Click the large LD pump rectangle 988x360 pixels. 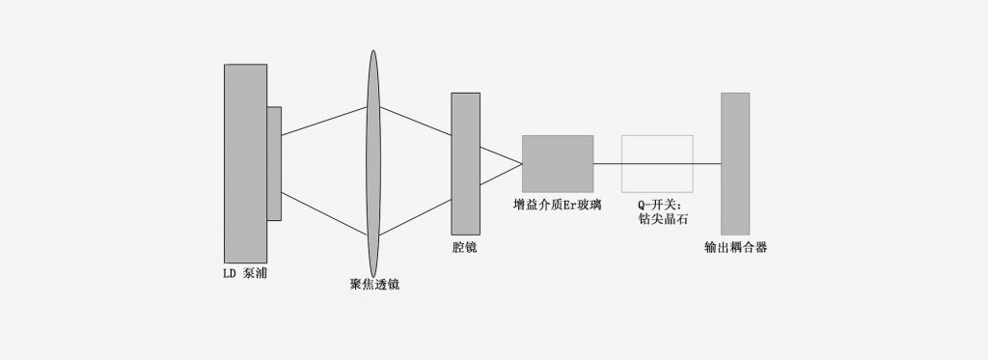coord(245,164)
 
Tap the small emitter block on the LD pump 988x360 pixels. coord(274,163)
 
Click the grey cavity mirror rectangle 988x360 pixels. coord(465,163)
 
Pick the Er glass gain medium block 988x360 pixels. coord(558,163)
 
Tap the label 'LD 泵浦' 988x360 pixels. coord(245,274)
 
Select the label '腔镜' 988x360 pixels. coord(464,248)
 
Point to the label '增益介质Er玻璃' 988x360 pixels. coord(558,205)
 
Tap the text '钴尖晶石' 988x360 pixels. coord(658,219)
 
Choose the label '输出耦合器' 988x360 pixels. coord(736,248)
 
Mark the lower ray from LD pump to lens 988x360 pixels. coord(324,212)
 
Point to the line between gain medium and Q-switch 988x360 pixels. coord(608,164)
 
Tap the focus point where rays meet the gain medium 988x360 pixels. coord(522,164)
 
